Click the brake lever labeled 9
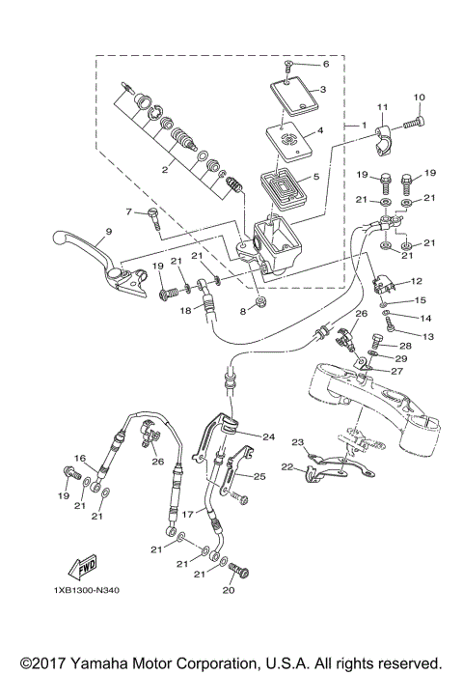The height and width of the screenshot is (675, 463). pyautogui.click(x=92, y=253)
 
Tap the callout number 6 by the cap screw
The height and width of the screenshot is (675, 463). pyautogui.click(x=325, y=65)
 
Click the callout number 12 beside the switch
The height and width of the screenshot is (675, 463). pyautogui.click(x=416, y=281)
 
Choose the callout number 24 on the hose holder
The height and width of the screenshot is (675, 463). pyautogui.click(x=269, y=436)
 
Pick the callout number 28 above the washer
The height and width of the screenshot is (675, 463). pyautogui.click(x=404, y=346)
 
